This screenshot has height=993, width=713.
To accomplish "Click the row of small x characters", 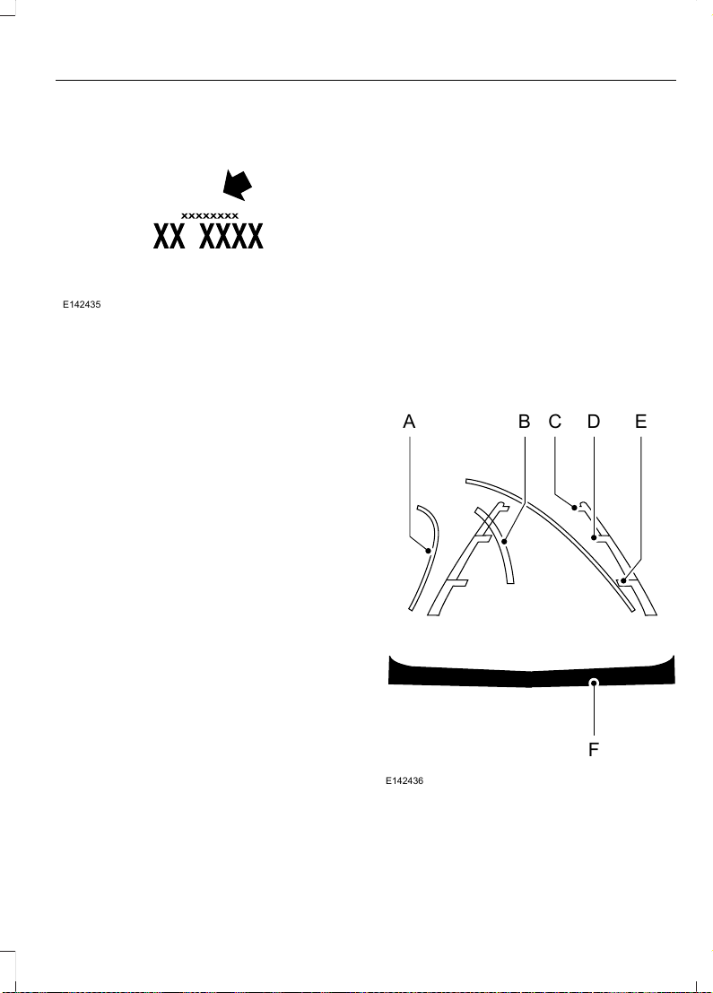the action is point(210,216).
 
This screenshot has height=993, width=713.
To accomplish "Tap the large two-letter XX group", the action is point(170,236).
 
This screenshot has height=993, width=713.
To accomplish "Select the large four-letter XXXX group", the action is point(231,236).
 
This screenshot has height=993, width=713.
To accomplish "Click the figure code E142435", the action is point(82,305).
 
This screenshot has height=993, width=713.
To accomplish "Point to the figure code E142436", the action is point(404,780).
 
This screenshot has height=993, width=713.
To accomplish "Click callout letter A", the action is point(409,421).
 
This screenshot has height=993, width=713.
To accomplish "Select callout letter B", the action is point(525,421).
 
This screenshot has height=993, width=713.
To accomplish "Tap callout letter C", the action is point(555,421).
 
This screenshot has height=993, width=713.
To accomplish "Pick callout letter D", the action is point(594,421).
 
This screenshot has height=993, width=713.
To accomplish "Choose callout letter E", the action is point(641,421).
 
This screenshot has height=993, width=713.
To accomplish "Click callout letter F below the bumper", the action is point(594,750).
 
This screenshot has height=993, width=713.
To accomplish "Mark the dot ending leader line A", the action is point(428,551).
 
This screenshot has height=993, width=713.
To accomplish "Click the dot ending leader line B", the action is point(505,542).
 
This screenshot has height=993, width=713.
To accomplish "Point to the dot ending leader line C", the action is point(574,508).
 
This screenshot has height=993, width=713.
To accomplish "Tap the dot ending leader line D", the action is point(594,538).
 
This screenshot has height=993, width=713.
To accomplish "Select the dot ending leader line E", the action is point(623,580).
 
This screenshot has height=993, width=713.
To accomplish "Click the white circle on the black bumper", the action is point(594,682).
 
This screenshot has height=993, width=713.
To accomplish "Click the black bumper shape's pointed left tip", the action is point(389,656).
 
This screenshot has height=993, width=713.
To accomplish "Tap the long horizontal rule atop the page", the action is point(366,81).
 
